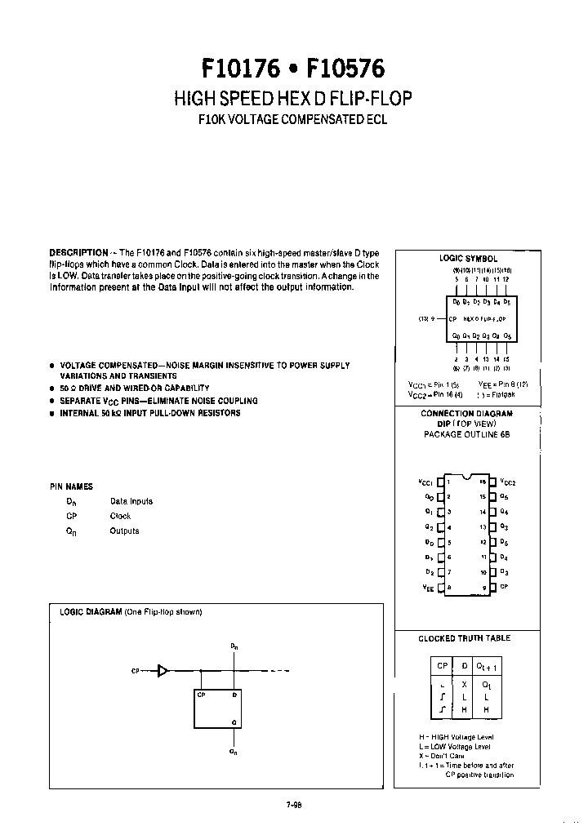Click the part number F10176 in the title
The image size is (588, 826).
tap(241, 66)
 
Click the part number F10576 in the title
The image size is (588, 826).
tap(348, 66)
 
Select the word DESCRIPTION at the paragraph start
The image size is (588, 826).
tap(78, 253)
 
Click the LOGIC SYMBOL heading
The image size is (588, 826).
tap(468, 258)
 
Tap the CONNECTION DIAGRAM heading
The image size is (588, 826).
tap(466, 414)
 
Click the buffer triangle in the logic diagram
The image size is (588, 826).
tap(163, 671)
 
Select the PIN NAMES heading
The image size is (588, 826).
tap(71, 486)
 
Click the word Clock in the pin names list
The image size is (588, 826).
tap(120, 516)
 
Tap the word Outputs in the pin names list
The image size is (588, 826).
tap(124, 531)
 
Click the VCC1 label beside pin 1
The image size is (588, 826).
tap(425, 482)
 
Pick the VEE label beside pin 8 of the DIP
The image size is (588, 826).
tap(427, 587)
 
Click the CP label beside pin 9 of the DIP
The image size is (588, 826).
tap(504, 587)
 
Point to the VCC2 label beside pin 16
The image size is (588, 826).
tap(507, 482)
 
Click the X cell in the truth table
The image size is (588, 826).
tap(464, 685)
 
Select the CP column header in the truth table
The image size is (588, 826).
tap(442, 666)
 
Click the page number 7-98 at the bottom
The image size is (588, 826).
tap(294, 803)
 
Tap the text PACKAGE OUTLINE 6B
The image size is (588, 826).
tap(466, 435)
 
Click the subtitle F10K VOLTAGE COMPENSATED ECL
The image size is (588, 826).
tap(293, 119)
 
